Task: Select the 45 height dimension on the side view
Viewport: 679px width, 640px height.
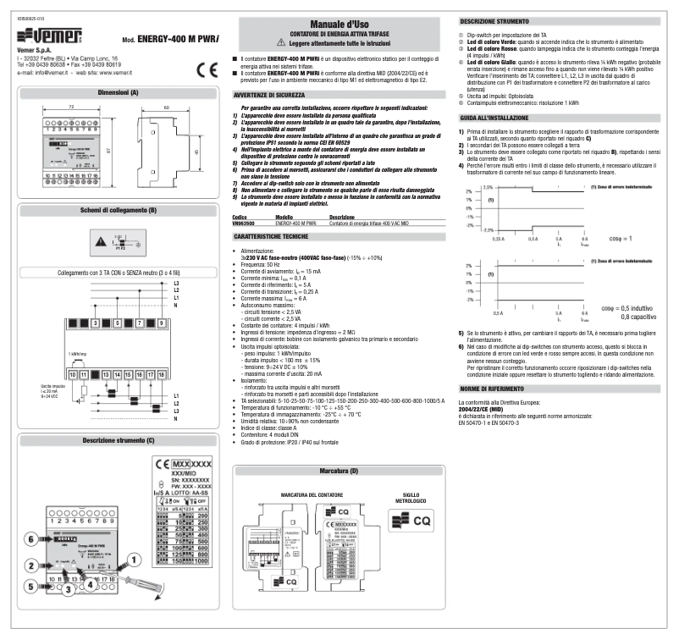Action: [196, 153]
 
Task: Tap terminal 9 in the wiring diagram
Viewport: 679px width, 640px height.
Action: [161, 323]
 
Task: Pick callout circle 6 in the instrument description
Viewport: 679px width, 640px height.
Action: [30, 538]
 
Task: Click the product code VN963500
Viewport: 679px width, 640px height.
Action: [243, 222]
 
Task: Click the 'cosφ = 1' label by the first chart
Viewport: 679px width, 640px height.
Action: [623, 239]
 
